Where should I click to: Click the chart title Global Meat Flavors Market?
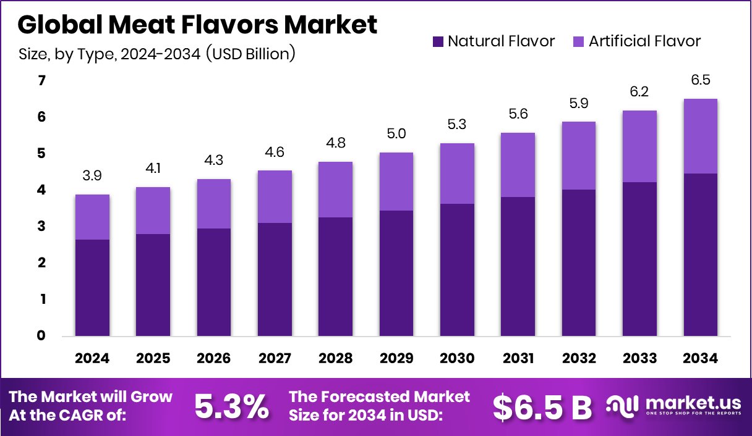[x=197, y=25]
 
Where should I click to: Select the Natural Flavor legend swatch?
[x=438, y=42]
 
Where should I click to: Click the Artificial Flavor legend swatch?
[x=579, y=42]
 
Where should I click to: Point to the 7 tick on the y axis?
[x=41, y=81]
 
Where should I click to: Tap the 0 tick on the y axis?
[x=41, y=336]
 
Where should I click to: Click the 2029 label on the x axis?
[x=396, y=359]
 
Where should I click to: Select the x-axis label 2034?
[x=700, y=359]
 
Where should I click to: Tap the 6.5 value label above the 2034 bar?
[x=700, y=81]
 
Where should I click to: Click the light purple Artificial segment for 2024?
[x=92, y=217]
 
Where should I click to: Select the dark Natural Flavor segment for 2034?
[x=700, y=254]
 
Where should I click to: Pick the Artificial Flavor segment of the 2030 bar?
[x=457, y=174]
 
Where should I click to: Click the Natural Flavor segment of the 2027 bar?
[x=275, y=279]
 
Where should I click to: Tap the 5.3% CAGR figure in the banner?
[x=232, y=406]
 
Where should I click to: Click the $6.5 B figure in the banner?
[x=542, y=406]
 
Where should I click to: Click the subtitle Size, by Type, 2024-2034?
[x=157, y=54]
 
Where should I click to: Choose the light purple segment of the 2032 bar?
[x=579, y=156]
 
